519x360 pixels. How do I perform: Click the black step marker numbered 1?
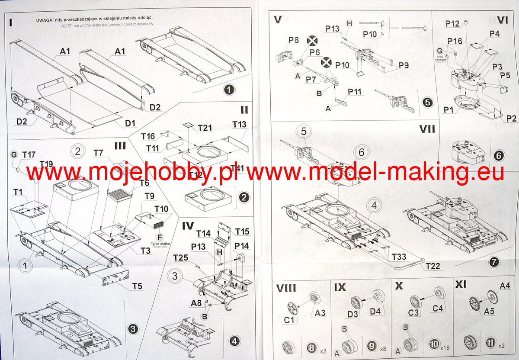229,90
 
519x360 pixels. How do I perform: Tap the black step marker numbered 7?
494,262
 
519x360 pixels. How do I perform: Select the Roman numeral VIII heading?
286,287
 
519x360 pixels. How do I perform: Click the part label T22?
432,266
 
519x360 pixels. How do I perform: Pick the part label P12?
452,24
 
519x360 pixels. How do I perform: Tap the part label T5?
137,286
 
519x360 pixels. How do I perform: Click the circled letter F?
160,237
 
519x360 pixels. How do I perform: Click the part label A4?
505,286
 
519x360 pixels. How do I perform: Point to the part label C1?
289,321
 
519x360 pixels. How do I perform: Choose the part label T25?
180,258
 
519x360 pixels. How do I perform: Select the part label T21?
205,128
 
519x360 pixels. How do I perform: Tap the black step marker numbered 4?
234,341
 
